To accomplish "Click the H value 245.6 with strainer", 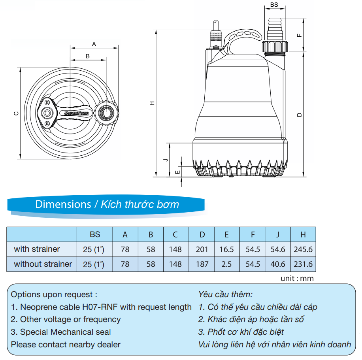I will [x=303, y=249].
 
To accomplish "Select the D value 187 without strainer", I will [x=202, y=264].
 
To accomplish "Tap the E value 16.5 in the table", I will [x=226, y=249].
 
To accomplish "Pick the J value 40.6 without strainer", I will [x=277, y=264].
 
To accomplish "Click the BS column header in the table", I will [x=95, y=234].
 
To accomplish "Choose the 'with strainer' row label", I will [x=37, y=249].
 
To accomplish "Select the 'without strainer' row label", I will [x=43, y=264].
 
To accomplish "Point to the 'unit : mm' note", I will [x=297, y=279].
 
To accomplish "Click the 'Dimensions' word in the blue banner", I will [x=63, y=204].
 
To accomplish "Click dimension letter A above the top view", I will [x=94, y=43].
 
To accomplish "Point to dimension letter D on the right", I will [x=299, y=114].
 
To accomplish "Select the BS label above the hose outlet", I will [x=274, y=5].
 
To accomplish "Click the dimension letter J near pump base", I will [x=166, y=160].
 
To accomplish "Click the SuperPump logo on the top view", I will [x=77, y=113].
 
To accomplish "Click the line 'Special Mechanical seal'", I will [x=65, y=332].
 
